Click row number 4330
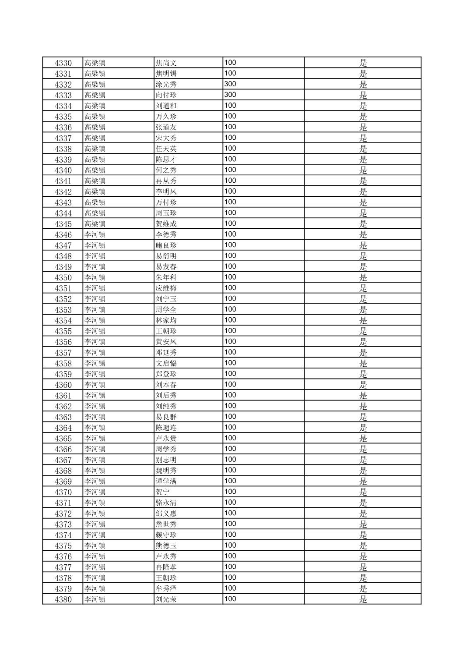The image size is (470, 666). (x=63, y=63)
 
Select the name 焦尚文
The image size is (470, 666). (x=166, y=63)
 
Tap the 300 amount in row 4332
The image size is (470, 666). (x=230, y=84)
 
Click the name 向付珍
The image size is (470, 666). (x=166, y=95)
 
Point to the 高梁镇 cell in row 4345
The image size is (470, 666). (x=95, y=224)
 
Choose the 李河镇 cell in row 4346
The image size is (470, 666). (x=95, y=234)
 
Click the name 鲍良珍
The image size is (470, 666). (x=166, y=245)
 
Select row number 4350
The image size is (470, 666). (x=63, y=277)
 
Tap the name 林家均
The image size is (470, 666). (x=166, y=320)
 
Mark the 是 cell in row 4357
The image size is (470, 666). (x=363, y=353)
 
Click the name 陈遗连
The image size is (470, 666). (x=166, y=428)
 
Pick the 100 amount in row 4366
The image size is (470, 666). (x=230, y=449)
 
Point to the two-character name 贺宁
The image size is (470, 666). (x=162, y=492)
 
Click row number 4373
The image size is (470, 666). (x=63, y=524)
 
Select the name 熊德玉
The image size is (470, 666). (x=166, y=546)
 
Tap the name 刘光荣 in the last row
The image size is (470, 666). (x=166, y=599)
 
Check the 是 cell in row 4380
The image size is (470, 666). (x=363, y=599)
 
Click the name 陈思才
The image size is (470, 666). (x=166, y=159)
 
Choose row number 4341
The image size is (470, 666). (x=63, y=181)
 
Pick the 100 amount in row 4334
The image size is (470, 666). (x=230, y=106)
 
